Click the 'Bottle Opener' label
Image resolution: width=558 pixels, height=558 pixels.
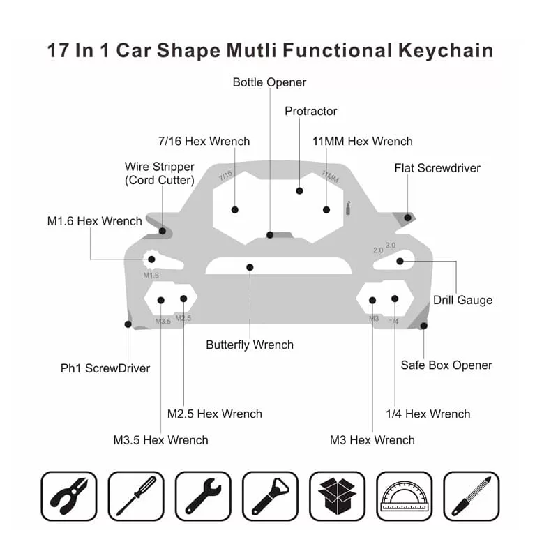(269, 82)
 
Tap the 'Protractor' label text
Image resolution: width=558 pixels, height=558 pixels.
(310, 112)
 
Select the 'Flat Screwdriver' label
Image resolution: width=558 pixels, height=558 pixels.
(437, 168)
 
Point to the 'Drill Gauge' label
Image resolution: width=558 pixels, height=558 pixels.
(462, 300)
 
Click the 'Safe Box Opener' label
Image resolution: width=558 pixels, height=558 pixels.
(446, 365)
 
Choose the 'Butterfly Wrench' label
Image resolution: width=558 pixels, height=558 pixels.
(250, 345)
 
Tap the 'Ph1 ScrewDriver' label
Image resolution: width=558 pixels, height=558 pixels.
(105, 368)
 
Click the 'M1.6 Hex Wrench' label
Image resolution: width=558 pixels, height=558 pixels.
(94, 221)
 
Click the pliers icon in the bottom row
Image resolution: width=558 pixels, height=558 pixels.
(69, 496)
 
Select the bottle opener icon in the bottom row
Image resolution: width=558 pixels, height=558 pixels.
(271, 496)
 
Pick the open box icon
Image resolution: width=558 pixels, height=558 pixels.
(338, 496)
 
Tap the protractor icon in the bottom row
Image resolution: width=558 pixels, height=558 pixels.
(405, 497)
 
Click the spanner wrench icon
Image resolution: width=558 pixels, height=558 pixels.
(203, 496)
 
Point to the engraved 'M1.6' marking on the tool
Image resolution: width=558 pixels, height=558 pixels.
(151, 275)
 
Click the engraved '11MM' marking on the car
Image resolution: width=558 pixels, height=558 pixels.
(330, 176)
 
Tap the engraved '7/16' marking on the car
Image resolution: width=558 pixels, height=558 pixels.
(225, 176)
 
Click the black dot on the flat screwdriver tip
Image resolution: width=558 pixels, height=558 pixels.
(408, 218)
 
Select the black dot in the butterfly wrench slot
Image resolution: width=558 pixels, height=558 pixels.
(250, 267)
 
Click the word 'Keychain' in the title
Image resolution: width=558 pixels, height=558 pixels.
(446, 50)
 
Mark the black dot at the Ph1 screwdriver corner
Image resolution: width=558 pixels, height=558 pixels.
(128, 324)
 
